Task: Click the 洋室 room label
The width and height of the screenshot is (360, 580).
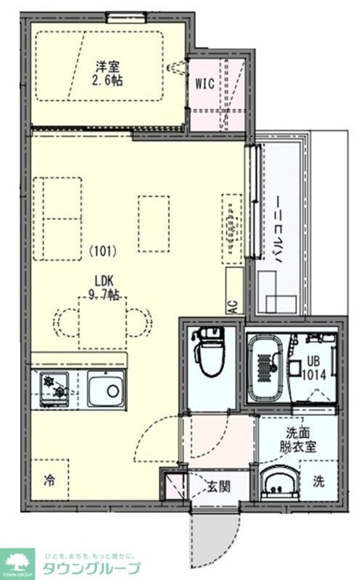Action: point(109,67)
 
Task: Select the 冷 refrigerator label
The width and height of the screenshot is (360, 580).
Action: point(50,480)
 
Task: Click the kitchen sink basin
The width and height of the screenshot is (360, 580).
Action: point(107,390)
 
